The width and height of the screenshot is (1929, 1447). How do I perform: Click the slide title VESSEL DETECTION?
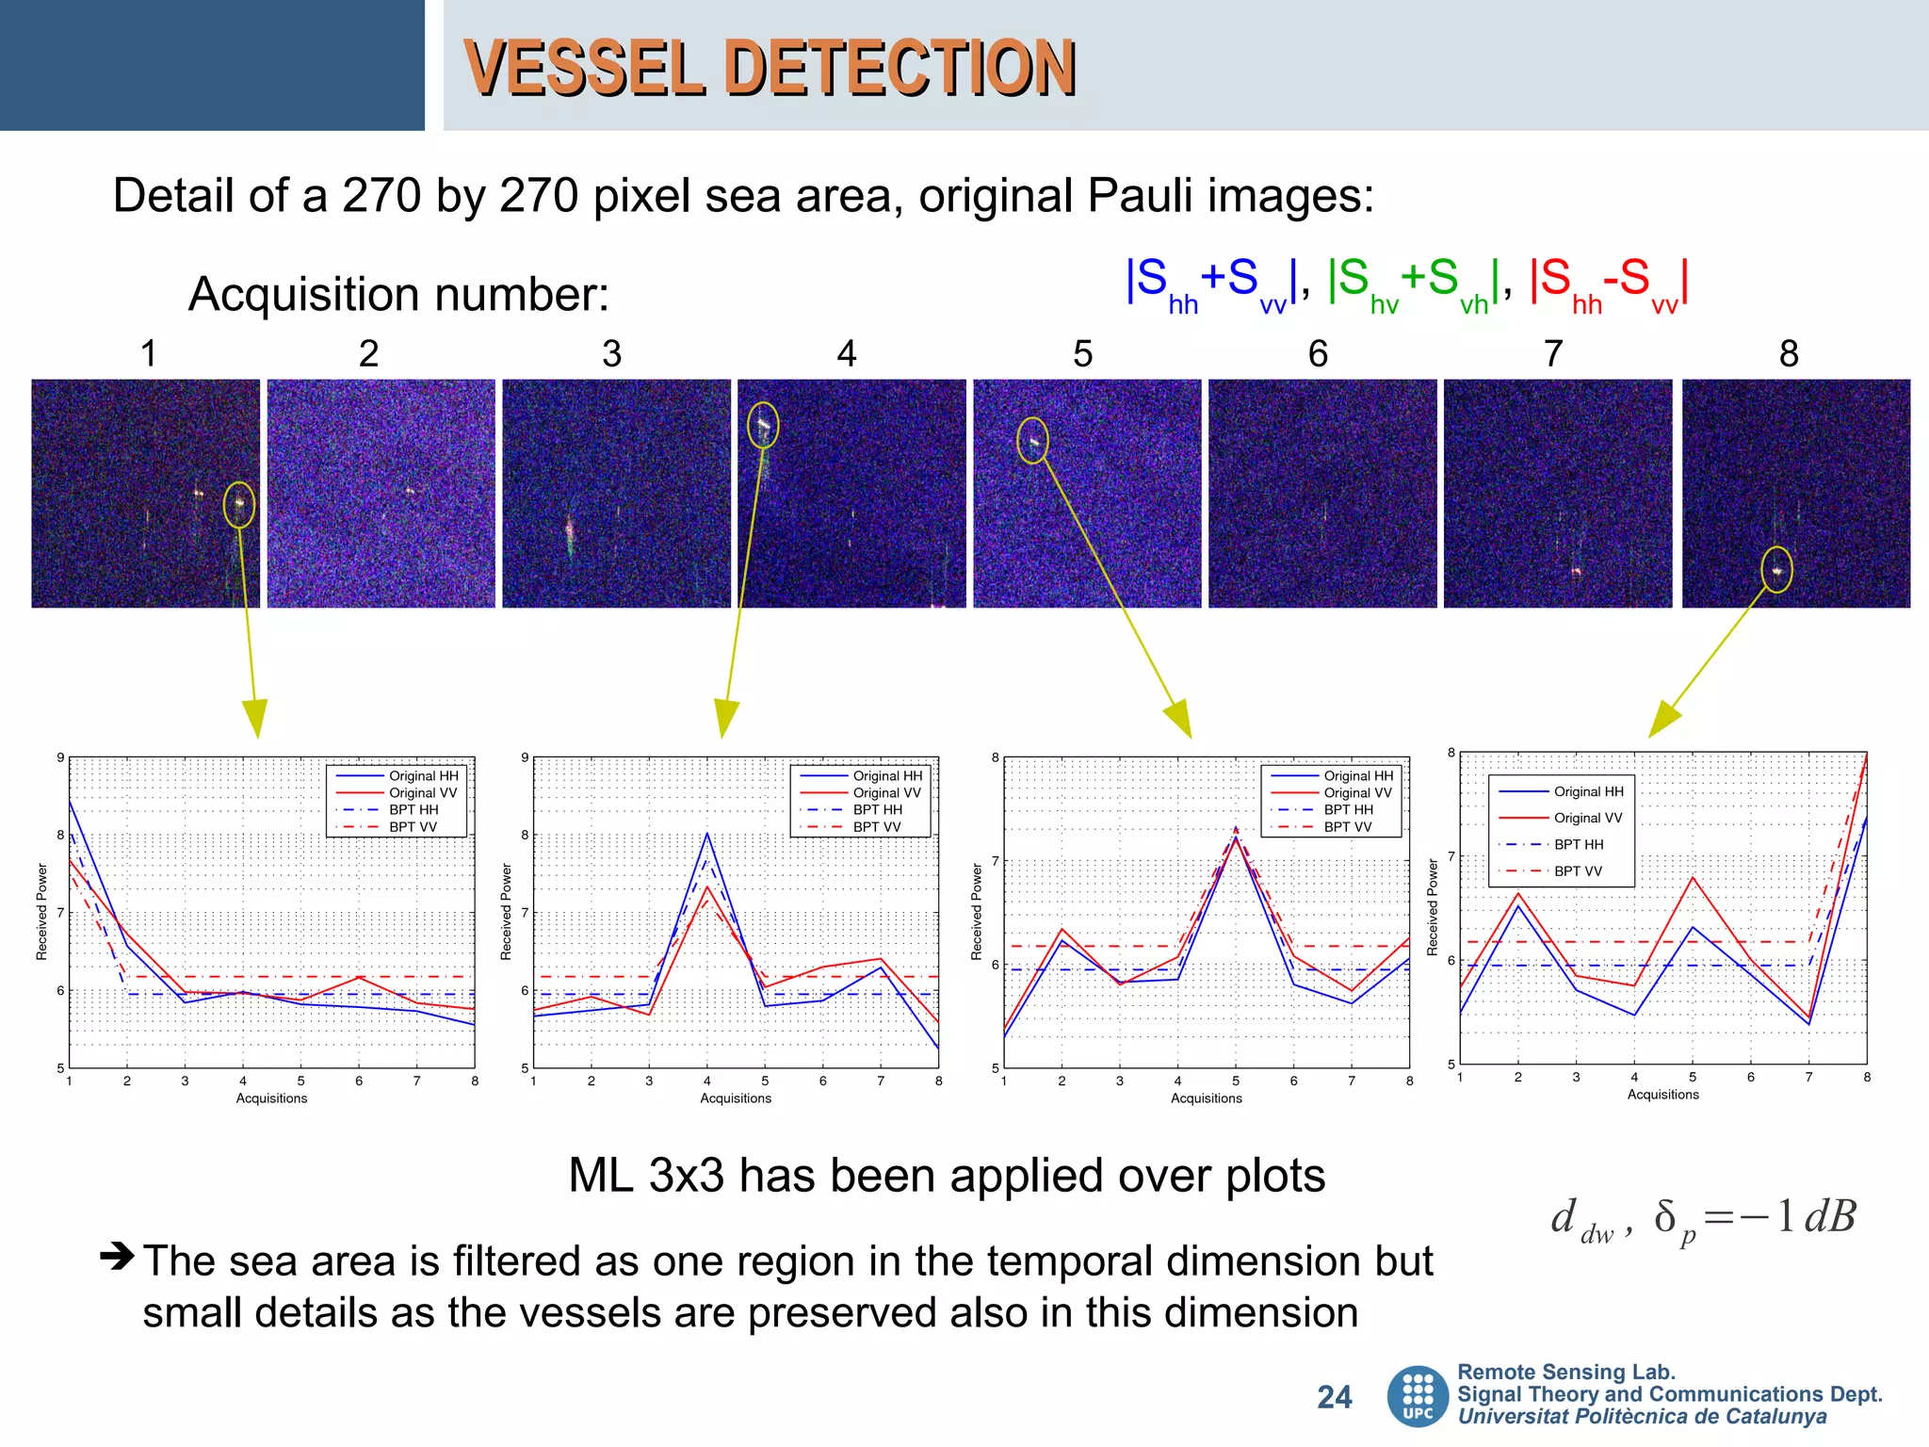pyautogui.click(x=770, y=68)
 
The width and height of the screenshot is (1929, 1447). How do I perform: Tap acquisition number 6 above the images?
pyautogui.click(x=1318, y=354)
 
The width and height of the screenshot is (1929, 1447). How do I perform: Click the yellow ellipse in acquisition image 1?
pyautogui.click(x=239, y=504)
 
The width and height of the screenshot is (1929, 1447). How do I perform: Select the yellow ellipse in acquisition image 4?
pyautogui.click(x=763, y=425)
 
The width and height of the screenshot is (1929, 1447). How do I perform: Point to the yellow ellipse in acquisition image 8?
pyautogui.click(x=1776, y=570)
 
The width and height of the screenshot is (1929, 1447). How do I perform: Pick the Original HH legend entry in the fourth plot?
pyautogui.click(x=1588, y=791)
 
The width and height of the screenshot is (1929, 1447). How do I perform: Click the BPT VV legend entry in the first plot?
pyautogui.click(x=413, y=827)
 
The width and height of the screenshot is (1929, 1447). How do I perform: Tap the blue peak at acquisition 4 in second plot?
pyautogui.click(x=707, y=835)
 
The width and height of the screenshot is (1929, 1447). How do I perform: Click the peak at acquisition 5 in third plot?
pyautogui.click(x=1236, y=833)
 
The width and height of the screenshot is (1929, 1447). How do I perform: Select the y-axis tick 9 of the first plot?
pyautogui.click(x=60, y=757)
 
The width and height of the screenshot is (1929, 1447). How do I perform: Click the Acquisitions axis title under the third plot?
pyautogui.click(x=1206, y=1098)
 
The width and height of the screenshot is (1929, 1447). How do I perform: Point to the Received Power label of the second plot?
pyautogui.click(x=506, y=911)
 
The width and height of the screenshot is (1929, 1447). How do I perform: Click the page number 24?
pyautogui.click(x=1334, y=1397)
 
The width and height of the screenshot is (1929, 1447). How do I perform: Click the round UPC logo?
pyautogui.click(x=1418, y=1396)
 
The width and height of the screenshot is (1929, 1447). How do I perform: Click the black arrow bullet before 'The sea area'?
pyautogui.click(x=117, y=1256)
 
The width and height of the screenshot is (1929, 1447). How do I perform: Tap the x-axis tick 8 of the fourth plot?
pyautogui.click(x=1866, y=1077)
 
